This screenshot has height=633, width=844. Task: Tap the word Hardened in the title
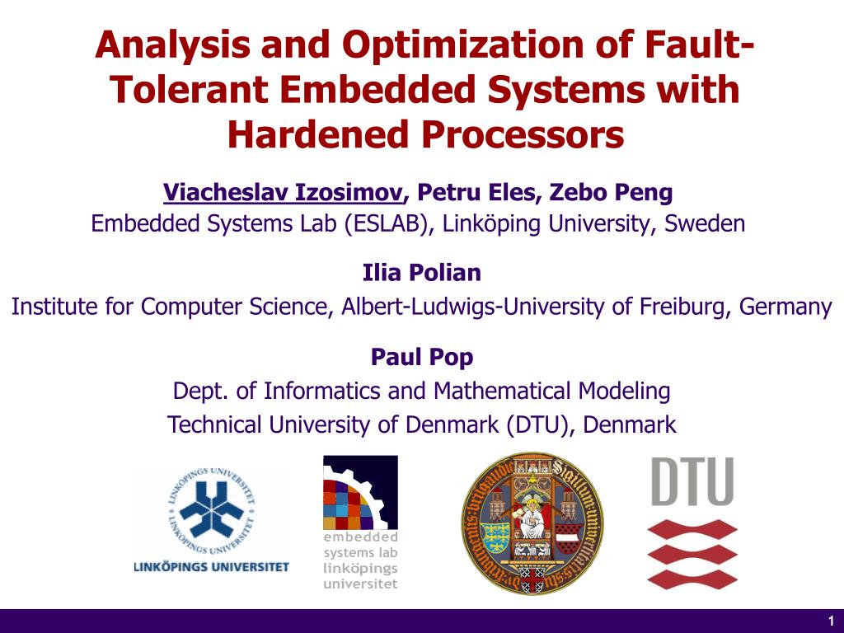tap(311, 135)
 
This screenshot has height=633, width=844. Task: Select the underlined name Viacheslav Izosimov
tap(284, 193)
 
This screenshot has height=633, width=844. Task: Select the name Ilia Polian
tap(421, 272)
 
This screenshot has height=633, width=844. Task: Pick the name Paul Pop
tap(421, 357)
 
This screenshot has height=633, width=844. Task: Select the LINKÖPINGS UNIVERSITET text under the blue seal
tap(212, 567)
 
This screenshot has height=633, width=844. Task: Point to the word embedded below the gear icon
tap(359, 537)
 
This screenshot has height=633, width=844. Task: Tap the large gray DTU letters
tap(692, 482)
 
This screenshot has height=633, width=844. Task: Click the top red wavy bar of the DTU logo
tap(692, 528)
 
